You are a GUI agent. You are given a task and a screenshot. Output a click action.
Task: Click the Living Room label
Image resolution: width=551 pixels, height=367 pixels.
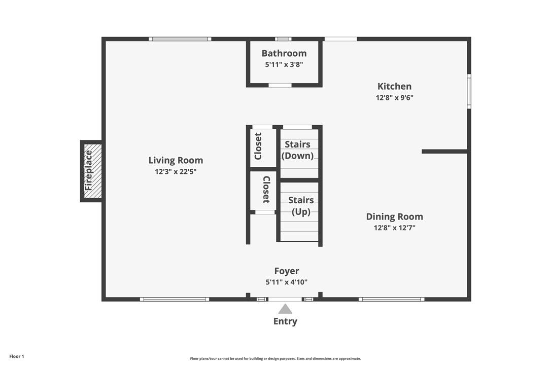click(x=176, y=160)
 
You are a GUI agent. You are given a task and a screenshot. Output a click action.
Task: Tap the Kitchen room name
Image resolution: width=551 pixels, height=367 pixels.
click(x=394, y=86)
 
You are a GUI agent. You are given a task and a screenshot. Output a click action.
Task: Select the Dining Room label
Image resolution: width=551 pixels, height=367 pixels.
click(x=394, y=216)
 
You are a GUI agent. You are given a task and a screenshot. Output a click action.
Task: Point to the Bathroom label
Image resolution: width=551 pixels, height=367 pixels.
click(x=284, y=53)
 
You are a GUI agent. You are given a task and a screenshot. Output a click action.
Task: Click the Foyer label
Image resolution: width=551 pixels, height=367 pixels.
click(x=287, y=271)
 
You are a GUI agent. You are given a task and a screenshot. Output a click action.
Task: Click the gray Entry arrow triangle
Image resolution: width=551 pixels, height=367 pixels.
click(x=285, y=309)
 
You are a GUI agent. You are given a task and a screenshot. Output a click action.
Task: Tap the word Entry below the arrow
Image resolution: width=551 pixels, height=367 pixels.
click(x=285, y=321)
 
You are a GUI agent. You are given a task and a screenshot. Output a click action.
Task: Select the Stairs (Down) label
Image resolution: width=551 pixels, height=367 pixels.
click(x=298, y=150)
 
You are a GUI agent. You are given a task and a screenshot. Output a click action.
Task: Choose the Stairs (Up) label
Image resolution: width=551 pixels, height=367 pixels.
click(x=301, y=206)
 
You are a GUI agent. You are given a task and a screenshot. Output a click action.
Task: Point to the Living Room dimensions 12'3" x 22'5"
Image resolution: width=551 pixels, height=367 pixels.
click(x=176, y=172)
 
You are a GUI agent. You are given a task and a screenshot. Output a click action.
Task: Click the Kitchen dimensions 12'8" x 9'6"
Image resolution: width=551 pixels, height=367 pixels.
click(x=394, y=98)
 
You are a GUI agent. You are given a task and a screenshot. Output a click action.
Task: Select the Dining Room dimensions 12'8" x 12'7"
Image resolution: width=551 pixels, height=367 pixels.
click(x=394, y=228)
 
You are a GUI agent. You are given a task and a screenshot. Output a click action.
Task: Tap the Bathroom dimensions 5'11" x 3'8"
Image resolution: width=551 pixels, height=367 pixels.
click(x=284, y=64)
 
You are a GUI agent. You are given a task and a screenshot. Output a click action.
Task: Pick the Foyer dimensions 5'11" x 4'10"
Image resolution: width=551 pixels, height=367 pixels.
click(x=287, y=282)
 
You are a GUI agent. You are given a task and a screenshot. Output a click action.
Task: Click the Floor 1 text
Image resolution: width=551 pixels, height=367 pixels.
click(x=17, y=356)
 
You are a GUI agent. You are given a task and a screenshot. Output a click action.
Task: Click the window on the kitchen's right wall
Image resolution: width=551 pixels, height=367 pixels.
click(x=469, y=91)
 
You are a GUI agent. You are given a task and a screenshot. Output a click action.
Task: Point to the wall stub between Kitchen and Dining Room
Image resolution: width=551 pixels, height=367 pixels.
click(x=444, y=152)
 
